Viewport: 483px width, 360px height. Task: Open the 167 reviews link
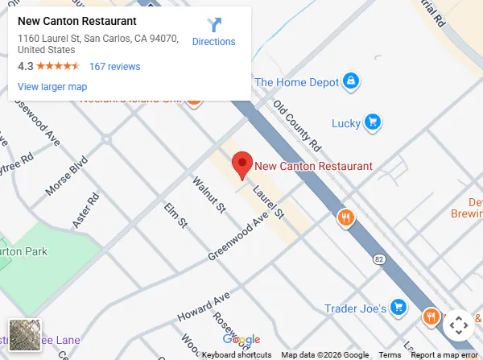point(114,67)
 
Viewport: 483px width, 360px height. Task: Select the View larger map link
point(52,87)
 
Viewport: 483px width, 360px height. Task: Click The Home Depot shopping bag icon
point(350,81)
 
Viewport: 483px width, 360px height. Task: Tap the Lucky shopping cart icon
point(372,122)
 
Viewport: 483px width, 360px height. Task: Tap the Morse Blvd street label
point(65,175)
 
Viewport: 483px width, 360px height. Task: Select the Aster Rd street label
point(85,209)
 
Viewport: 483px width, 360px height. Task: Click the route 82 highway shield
point(378,259)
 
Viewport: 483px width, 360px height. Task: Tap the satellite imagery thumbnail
point(24,335)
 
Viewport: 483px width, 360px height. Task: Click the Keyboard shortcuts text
point(237,355)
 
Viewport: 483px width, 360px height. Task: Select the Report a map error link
point(444,355)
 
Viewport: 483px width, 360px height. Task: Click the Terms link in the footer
point(390,355)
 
